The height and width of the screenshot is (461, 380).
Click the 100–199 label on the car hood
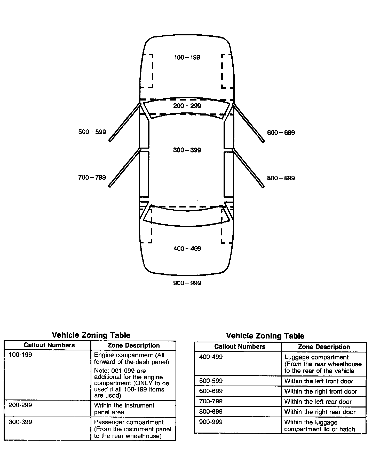point(187,57)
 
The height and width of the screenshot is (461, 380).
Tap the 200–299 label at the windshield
point(187,106)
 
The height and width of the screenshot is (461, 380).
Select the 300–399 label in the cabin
point(187,150)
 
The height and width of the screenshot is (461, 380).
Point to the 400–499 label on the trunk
point(187,249)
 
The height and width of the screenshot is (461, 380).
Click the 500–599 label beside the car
point(92,132)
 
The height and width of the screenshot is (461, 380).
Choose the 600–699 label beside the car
point(281,133)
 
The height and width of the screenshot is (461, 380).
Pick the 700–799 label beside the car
point(92,178)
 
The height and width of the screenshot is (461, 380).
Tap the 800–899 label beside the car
point(281,178)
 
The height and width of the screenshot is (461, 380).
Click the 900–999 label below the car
point(187,283)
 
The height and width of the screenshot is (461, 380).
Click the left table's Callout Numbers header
point(49,345)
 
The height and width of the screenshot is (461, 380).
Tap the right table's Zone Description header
point(324,347)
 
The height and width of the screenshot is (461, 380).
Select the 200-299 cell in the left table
point(20,405)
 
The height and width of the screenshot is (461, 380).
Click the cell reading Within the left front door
point(319,381)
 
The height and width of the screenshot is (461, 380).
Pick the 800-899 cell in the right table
point(211,412)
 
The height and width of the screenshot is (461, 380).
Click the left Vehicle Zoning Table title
point(91,335)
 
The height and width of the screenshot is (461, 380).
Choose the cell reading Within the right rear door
point(320,412)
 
